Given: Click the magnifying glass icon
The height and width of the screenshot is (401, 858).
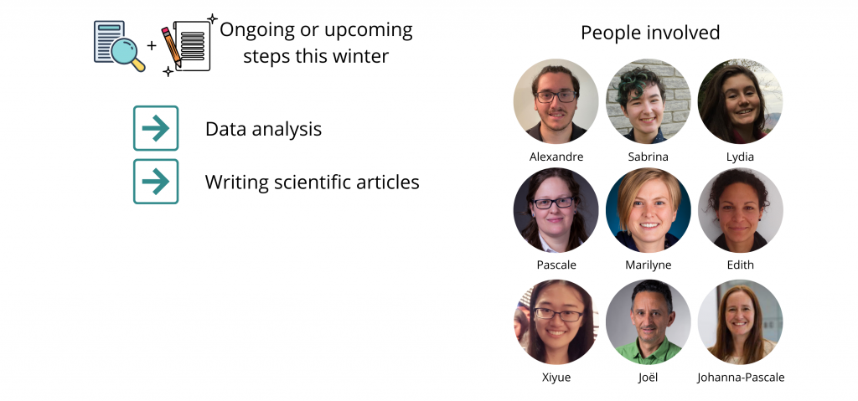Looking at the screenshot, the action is [128, 54].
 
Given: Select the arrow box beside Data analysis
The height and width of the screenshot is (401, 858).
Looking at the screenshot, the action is [156, 128].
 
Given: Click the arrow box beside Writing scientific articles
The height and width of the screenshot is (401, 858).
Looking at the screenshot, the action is [156, 182].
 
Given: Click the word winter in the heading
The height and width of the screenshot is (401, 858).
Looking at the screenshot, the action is [362, 56].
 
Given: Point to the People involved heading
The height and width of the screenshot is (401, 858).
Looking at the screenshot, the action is [650, 33].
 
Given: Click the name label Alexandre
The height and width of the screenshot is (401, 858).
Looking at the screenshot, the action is [556, 157].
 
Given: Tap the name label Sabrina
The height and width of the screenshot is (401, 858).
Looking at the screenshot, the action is [648, 157].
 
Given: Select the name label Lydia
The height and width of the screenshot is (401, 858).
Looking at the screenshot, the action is [740, 157].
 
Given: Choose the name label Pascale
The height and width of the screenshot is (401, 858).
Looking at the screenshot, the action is [556, 265].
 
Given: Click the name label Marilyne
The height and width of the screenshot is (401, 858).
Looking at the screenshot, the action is [648, 265].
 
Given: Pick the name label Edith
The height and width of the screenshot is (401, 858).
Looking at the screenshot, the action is [740, 265].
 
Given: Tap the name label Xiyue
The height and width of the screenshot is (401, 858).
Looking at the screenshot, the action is [556, 378].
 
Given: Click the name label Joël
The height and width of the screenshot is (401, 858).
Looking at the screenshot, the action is [648, 378].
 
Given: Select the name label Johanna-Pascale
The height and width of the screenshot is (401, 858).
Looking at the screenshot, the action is [741, 378].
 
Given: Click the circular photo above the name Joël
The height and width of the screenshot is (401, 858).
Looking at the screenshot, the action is [648, 321].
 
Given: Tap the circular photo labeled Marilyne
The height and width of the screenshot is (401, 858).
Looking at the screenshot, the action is [648, 210].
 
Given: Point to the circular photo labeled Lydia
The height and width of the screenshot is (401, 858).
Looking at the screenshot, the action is [740, 101].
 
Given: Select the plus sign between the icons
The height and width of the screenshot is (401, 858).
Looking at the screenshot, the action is [152, 45].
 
